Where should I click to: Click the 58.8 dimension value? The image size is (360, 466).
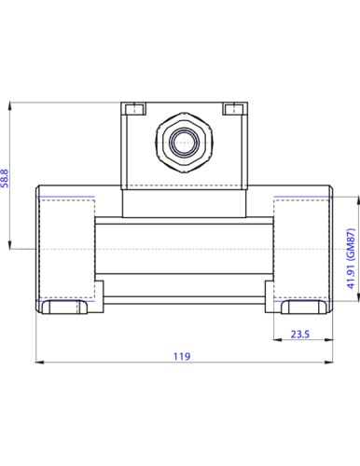click(x=6, y=178)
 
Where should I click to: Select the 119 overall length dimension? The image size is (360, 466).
click(x=182, y=356)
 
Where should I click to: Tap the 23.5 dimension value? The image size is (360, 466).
click(x=300, y=335)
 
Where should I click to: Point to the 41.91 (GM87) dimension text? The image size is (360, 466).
click(x=351, y=258)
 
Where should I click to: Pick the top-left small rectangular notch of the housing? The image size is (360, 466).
click(x=134, y=109)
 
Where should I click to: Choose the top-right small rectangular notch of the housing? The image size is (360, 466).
click(x=234, y=109)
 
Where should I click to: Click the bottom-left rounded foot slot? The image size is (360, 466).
click(x=65, y=307)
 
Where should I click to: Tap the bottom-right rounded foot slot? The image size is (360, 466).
click(x=304, y=307)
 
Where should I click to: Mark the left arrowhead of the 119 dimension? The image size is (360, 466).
click(x=39, y=362)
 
